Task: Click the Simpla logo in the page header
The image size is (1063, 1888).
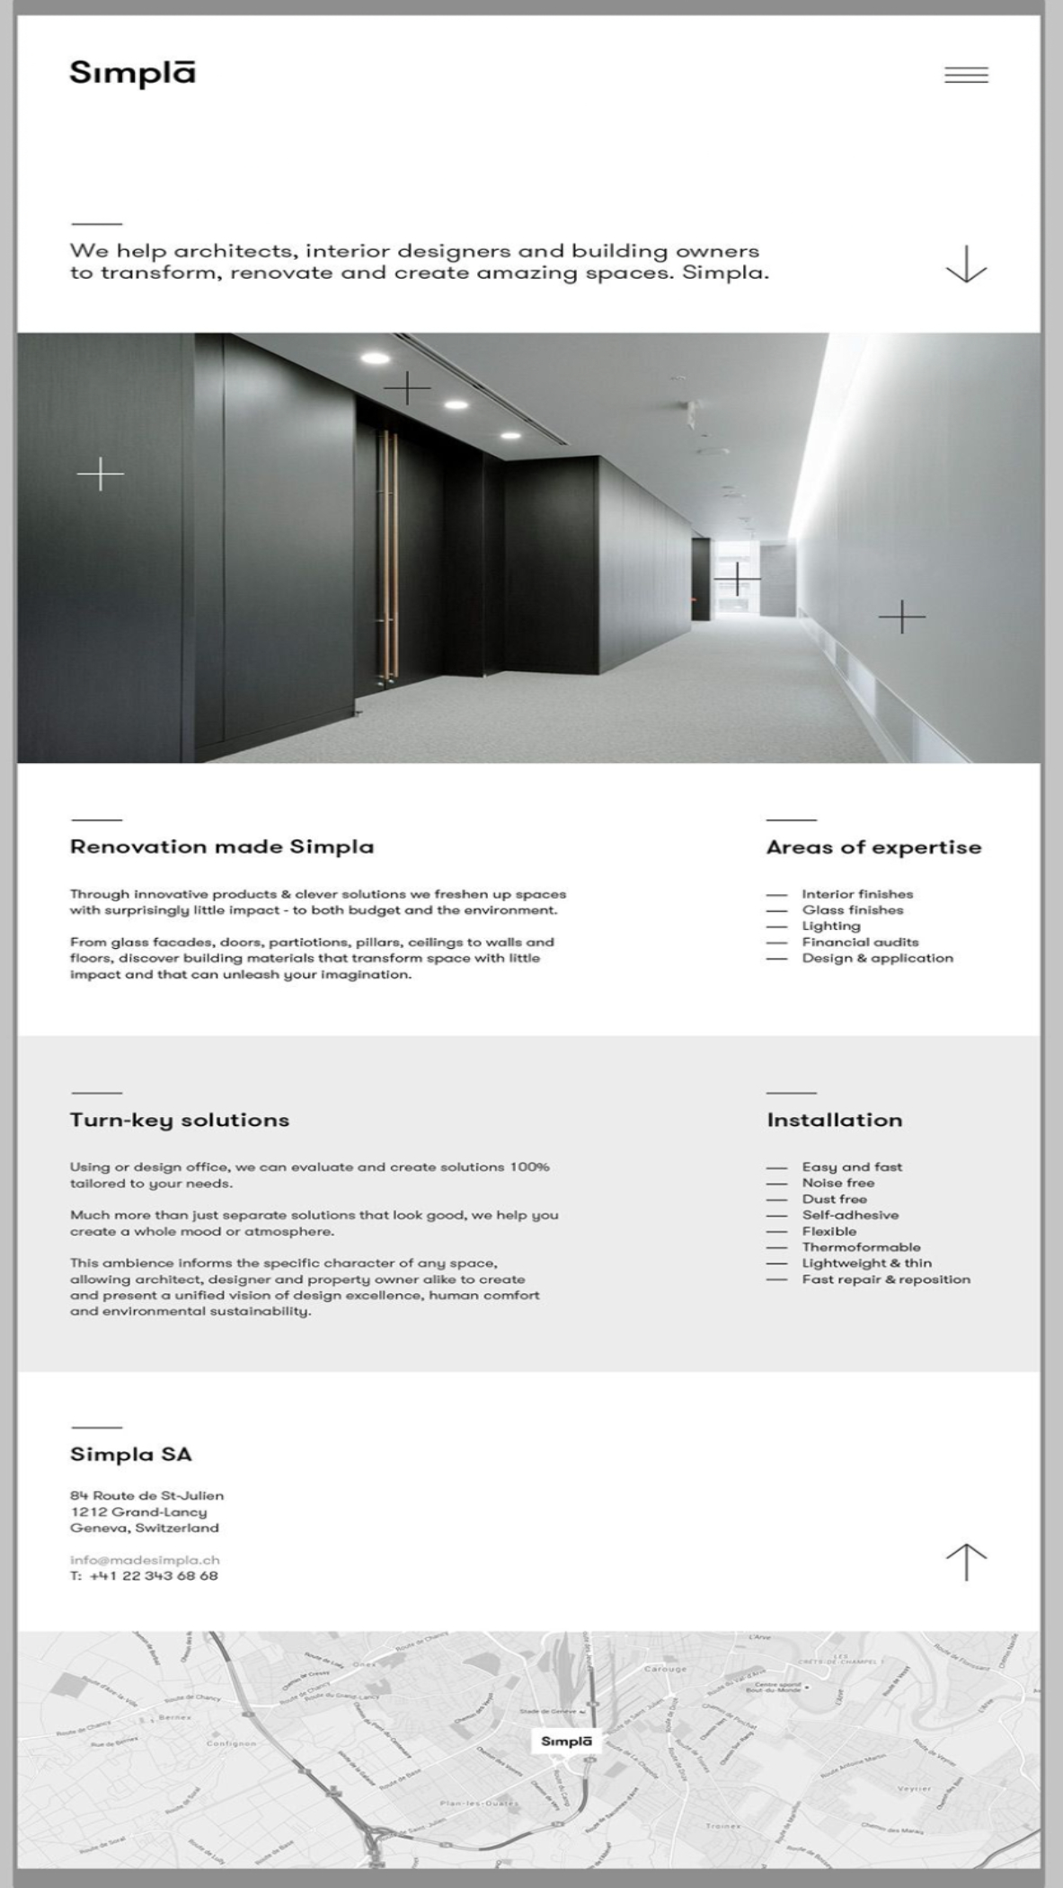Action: click(x=132, y=74)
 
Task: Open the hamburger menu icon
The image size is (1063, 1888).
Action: click(x=966, y=75)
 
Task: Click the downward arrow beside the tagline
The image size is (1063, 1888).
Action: click(x=966, y=264)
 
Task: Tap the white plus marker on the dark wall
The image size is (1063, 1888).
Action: click(x=101, y=474)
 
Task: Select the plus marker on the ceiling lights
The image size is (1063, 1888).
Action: click(x=407, y=388)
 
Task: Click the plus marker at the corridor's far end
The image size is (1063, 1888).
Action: click(x=737, y=579)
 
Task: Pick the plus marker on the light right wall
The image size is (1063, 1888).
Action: click(x=901, y=617)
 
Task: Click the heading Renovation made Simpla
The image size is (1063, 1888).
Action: click(x=222, y=846)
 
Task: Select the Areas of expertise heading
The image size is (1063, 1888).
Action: click(x=873, y=847)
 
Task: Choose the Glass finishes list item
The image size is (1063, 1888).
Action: click(x=852, y=910)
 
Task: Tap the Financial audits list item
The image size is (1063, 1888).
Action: click(x=860, y=942)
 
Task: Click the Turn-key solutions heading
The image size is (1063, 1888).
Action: click(x=180, y=1120)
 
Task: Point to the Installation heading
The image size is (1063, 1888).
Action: click(x=834, y=1120)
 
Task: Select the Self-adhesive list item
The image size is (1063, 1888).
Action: click(x=850, y=1215)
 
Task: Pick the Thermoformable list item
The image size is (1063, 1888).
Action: click(x=861, y=1247)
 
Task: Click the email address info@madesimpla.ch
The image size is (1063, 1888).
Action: click(x=145, y=1560)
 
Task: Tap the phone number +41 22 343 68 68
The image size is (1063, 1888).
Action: click(x=154, y=1576)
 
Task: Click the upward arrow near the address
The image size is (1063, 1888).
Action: click(x=966, y=1562)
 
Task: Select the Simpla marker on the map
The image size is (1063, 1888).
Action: click(x=566, y=1742)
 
